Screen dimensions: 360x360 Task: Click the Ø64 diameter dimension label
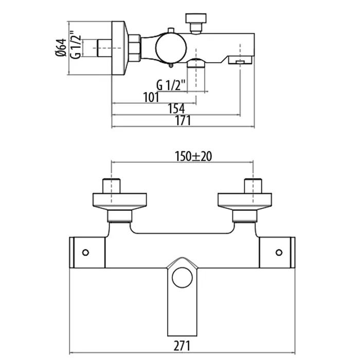pyautogui.click(x=61, y=47)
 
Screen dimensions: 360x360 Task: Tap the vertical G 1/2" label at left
pyautogui.click(x=76, y=45)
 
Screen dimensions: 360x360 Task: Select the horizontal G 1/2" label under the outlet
pyautogui.click(x=171, y=85)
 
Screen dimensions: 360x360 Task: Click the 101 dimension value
pyautogui.click(x=151, y=97)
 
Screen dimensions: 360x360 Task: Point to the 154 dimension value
pyautogui.click(x=176, y=109)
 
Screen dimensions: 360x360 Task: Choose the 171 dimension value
pyautogui.click(x=183, y=120)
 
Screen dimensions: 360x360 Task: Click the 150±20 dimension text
pyautogui.click(x=193, y=156)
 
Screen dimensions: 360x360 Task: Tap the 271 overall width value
pyautogui.click(x=182, y=346)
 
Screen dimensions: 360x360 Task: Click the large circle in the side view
pyautogui.click(x=171, y=48)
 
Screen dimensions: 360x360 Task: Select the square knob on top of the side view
pyautogui.click(x=195, y=18)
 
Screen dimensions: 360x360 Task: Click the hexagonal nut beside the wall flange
pyautogui.click(x=134, y=48)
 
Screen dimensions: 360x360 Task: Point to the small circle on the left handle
pyautogui.click(x=85, y=253)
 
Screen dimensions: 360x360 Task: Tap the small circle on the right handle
pyautogui.click(x=279, y=253)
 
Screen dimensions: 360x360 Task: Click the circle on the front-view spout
pyautogui.click(x=182, y=277)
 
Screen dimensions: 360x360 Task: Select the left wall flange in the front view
pyautogui.click(x=120, y=202)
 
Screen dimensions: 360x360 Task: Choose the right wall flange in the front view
pyautogui.click(x=245, y=202)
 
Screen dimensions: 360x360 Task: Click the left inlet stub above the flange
pyautogui.click(x=112, y=186)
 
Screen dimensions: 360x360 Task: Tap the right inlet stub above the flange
pyautogui.click(x=253, y=186)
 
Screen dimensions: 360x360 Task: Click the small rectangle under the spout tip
pyautogui.click(x=240, y=62)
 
